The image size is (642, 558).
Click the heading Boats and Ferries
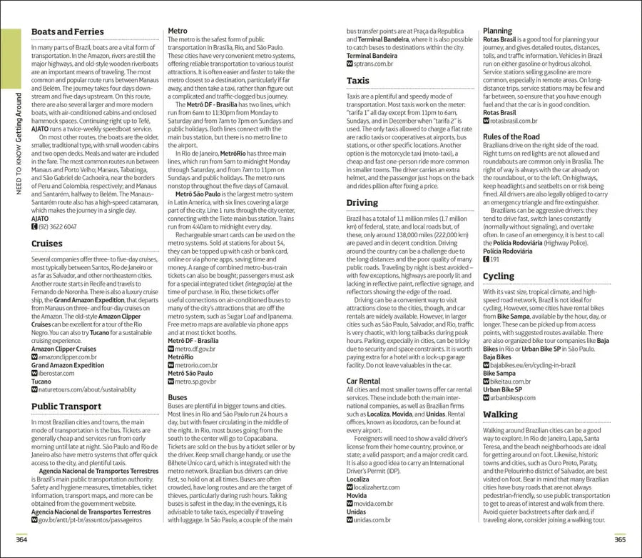pyautogui.click(x=67, y=32)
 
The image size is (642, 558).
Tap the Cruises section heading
pyautogui.click(x=46, y=244)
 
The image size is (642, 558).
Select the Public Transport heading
pyautogui.click(x=66, y=407)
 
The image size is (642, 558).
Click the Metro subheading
pyautogui.click(x=178, y=31)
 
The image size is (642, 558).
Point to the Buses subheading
pyautogui.click(x=178, y=397)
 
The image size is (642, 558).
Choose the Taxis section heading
pyautogui.click(x=358, y=81)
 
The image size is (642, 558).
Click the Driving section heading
pyautogui.click(x=362, y=203)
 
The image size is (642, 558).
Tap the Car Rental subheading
pyautogui.click(x=363, y=382)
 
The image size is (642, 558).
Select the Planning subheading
pyautogui.click(x=497, y=31)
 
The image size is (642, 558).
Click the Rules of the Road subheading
pyautogui.click(x=511, y=136)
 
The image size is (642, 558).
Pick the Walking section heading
pyautogui.click(x=500, y=414)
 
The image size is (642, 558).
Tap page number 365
pyautogui.click(x=619, y=538)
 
